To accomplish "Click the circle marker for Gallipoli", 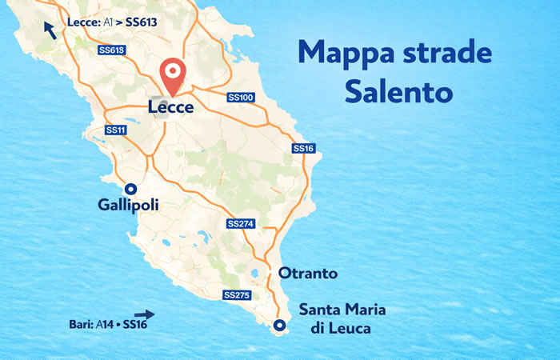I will pyautogui.click(x=131, y=189).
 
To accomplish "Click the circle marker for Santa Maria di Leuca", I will pyautogui.click(x=278, y=326).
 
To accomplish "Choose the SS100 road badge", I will pyautogui.click(x=240, y=98).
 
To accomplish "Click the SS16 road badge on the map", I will pyautogui.click(x=303, y=148).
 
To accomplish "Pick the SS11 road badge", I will pyautogui.click(x=116, y=130).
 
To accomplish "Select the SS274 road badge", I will pyautogui.click(x=240, y=223).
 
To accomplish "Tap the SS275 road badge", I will pyautogui.click(x=237, y=295).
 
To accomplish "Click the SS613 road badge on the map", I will pyautogui.click(x=112, y=50).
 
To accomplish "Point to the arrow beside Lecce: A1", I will pyautogui.click(x=50, y=30).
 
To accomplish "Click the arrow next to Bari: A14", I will pyautogui.click(x=144, y=314).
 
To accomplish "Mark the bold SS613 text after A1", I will pyautogui.click(x=146, y=22).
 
